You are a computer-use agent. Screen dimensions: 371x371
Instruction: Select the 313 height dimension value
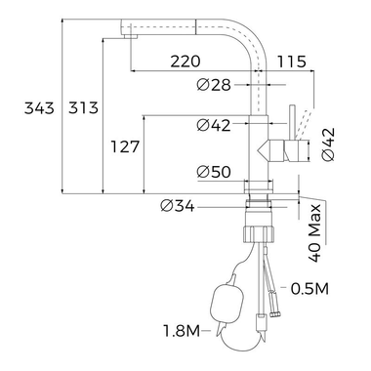click(83, 108)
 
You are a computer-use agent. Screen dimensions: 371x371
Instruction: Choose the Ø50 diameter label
click(212, 173)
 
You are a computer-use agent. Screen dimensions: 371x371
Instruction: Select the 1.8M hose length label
click(180, 332)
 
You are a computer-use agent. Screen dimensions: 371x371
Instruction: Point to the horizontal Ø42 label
click(212, 125)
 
